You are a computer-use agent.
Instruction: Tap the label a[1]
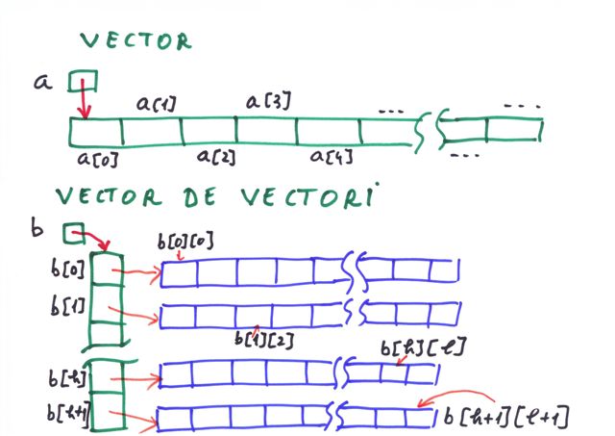(x=155, y=101)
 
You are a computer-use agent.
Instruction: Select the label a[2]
(x=217, y=156)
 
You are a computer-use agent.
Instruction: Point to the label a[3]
(x=268, y=99)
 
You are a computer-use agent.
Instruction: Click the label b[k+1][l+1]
(x=506, y=417)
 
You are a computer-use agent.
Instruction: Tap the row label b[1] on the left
(x=67, y=307)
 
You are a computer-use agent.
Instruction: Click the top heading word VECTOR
(x=135, y=41)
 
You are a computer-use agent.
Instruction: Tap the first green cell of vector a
(x=96, y=131)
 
